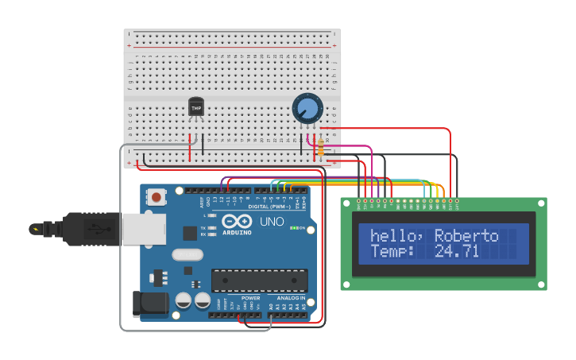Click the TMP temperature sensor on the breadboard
195,106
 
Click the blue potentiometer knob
307,108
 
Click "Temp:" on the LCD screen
392,252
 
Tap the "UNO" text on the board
273,222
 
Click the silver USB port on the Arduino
144,229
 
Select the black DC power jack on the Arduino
150,304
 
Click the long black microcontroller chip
259,280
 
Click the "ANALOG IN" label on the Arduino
292,298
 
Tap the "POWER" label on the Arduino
240,298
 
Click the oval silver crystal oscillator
187,255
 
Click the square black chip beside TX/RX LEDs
190,233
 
